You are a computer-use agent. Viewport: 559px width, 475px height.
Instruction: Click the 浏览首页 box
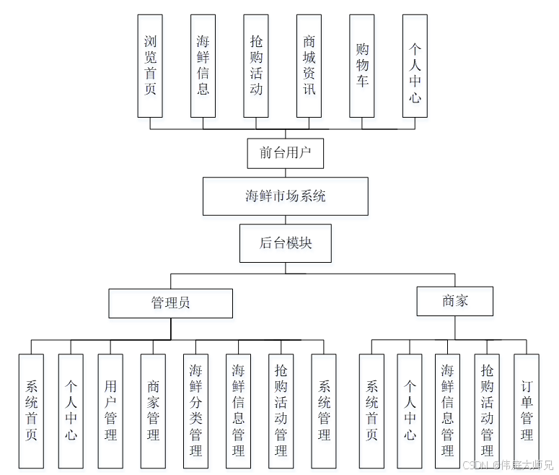pos(150,66)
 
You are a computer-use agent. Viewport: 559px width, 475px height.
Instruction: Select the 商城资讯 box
pos(309,66)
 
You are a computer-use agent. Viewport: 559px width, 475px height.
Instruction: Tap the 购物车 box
pos(362,66)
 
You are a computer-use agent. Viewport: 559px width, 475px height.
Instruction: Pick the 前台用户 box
pos(286,153)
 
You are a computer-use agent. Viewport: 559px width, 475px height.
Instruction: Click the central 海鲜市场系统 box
pos(286,196)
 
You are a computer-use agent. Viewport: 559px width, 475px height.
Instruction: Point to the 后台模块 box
pos(286,243)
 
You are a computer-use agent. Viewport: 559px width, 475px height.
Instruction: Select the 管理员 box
pos(171,303)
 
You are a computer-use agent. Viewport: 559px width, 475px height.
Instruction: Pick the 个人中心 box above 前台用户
pos(415,66)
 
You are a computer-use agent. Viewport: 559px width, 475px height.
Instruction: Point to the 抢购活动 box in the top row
pos(256,66)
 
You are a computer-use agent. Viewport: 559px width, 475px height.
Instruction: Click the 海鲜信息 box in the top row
pos(203,66)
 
